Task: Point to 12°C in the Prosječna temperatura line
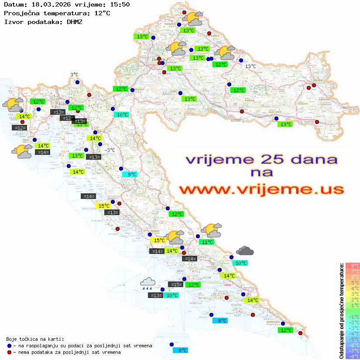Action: (x=102, y=13)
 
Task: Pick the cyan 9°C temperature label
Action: (x=131, y=175)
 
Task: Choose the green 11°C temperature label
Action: (x=206, y=242)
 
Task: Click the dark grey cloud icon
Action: (x=245, y=251)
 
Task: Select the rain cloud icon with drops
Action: (x=147, y=284)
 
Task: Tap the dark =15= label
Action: (x=176, y=285)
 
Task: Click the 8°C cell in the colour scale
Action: (x=353, y=266)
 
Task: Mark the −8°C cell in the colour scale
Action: (x=353, y=357)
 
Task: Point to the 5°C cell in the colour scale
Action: (x=353, y=283)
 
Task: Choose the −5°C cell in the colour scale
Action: (x=353, y=339)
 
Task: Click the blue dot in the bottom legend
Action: (x=9, y=346)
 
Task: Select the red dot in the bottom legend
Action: (x=9, y=352)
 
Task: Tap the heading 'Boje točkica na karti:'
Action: (x=35, y=339)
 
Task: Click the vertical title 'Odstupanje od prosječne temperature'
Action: (x=341, y=311)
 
